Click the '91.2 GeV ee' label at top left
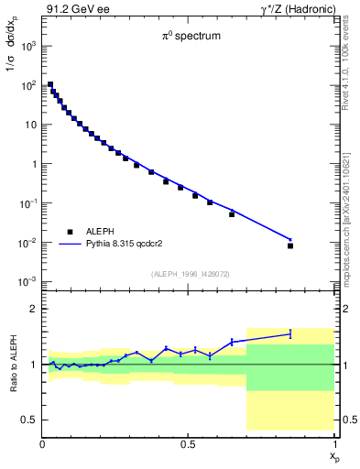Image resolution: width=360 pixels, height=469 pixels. tap(72, 9)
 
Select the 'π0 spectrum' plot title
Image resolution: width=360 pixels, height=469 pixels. tap(189, 38)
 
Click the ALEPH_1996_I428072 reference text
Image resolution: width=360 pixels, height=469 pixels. tap(189, 274)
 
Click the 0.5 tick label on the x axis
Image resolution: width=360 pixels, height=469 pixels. tap(188, 444)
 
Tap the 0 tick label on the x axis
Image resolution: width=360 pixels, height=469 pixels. tap(42, 444)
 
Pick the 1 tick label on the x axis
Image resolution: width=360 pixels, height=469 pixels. tap(334, 444)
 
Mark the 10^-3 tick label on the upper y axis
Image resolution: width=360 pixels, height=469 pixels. tap(27, 281)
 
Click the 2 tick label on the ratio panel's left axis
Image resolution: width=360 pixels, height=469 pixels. tap(33, 310)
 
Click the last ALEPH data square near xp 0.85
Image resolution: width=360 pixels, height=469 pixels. tap(290, 245)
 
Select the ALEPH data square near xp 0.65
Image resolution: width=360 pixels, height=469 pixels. tap(232, 214)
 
